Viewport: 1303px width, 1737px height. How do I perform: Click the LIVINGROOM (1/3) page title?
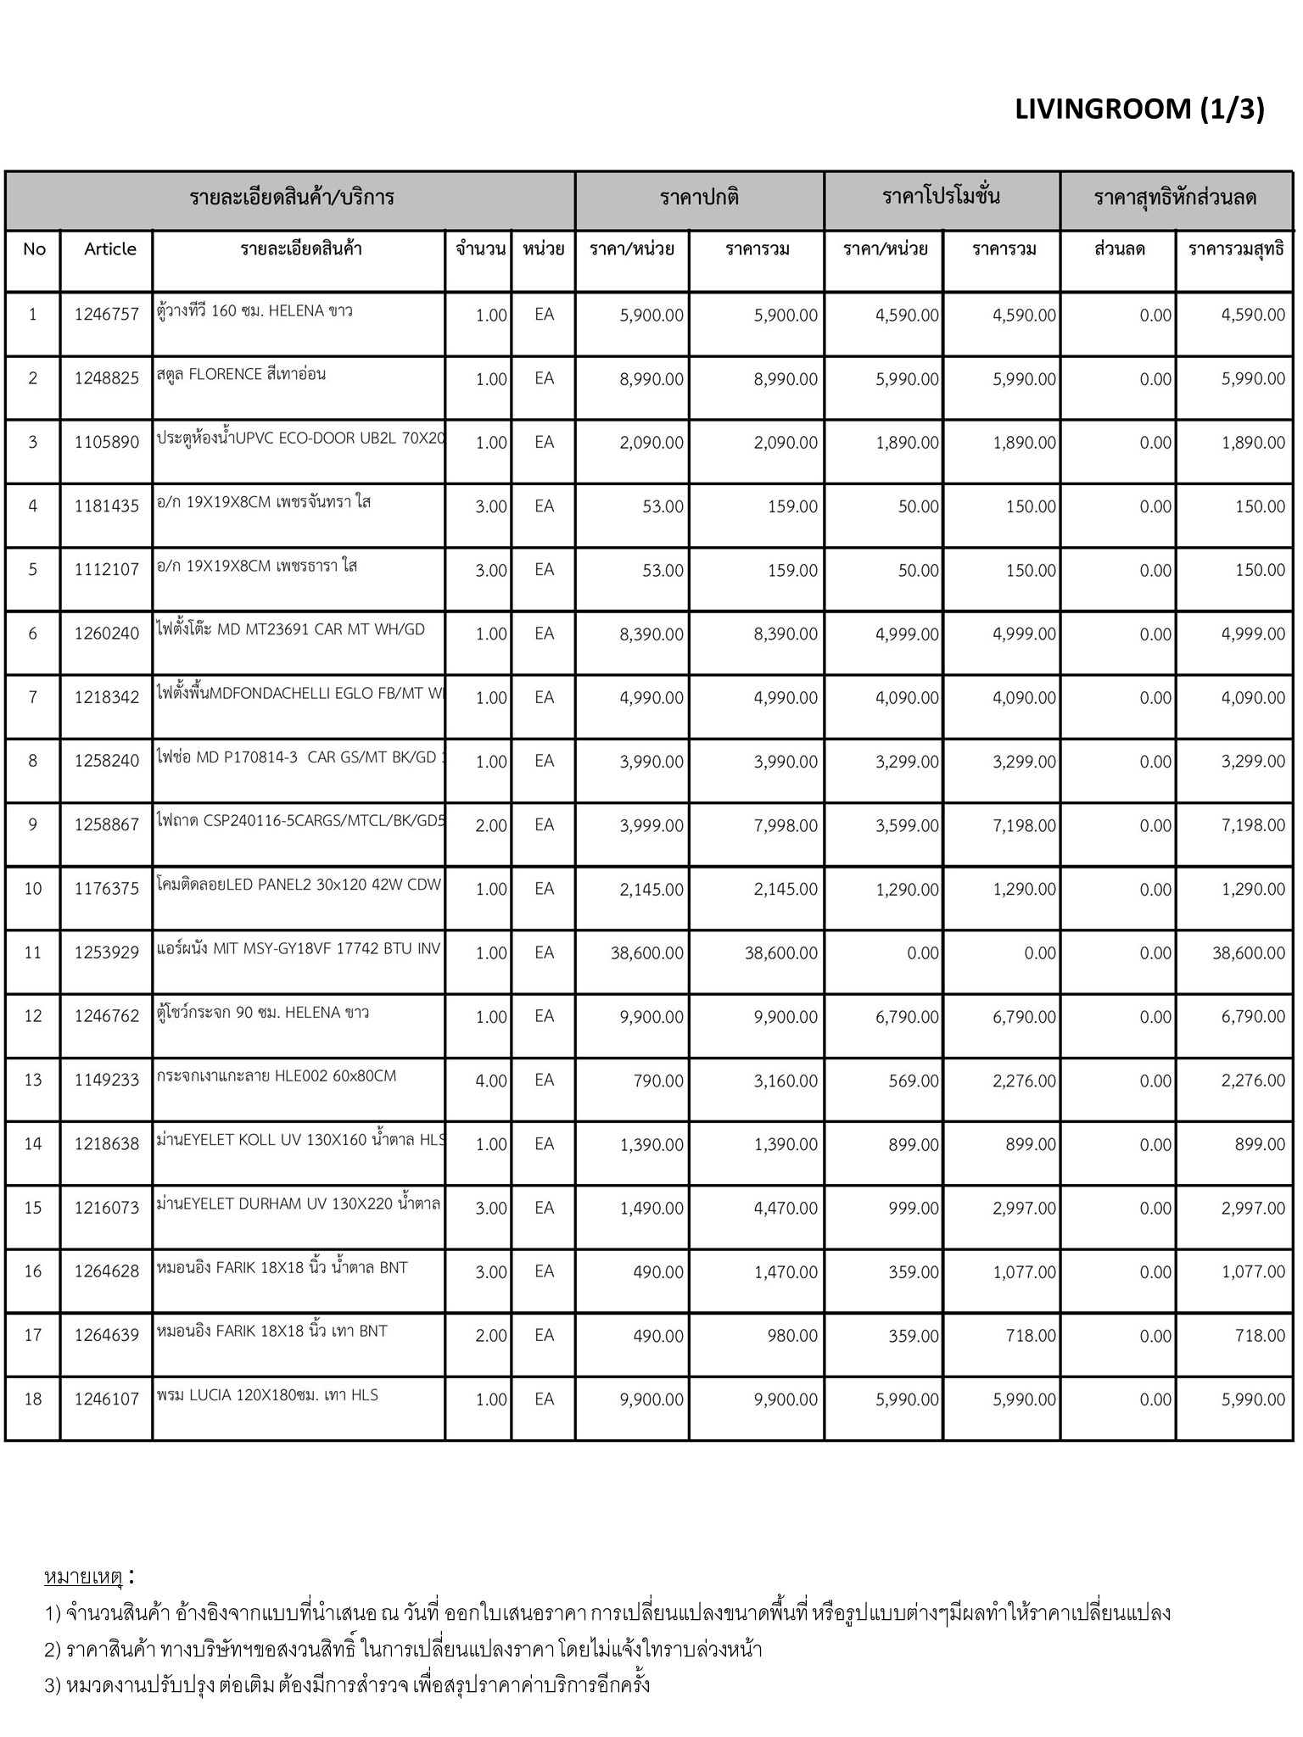1138,109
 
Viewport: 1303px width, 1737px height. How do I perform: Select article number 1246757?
107,315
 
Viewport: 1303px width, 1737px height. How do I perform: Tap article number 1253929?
107,952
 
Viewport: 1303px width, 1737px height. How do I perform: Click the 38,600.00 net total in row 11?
1248,952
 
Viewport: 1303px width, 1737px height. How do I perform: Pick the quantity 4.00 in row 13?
490,1081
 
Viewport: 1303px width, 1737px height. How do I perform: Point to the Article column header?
110,249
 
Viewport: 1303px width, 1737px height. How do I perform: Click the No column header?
34,249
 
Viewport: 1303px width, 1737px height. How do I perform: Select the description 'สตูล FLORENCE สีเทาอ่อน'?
241,374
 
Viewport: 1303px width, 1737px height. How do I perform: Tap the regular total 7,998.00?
786,825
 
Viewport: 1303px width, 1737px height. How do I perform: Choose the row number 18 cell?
33,1399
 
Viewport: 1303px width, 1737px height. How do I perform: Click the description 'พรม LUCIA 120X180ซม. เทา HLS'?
267,1395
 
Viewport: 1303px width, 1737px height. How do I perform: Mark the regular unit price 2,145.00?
651,889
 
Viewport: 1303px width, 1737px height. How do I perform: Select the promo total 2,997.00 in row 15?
1024,1208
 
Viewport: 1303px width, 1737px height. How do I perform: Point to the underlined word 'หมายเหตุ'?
83,1577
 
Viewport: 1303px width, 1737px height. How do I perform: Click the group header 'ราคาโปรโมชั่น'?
941,198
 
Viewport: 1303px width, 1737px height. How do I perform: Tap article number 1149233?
107,1081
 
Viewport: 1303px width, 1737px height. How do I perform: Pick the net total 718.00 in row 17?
1260,1336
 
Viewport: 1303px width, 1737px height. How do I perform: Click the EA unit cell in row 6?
544,634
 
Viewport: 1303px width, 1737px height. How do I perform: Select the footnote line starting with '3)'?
347,1684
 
